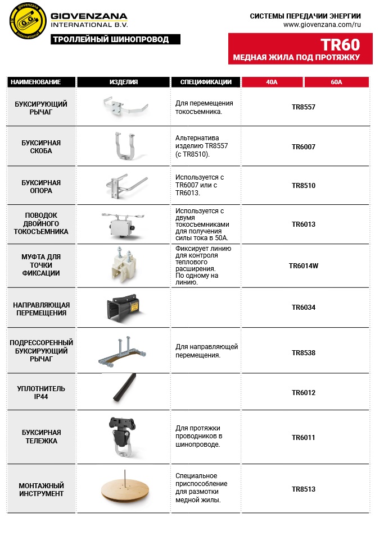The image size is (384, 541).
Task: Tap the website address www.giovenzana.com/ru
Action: pos(322,25)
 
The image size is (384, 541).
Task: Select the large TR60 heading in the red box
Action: pos(340,45)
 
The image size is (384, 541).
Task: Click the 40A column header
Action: pos(272,82)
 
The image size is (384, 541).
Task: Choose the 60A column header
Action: pos(336,82)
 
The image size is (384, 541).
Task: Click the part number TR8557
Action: pos(304,107)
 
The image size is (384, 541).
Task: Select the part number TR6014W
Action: pos(304,266)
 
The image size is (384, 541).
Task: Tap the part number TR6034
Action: pos(304,308)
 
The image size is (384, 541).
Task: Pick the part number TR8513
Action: pos(304,489)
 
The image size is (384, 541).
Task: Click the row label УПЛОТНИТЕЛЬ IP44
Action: pos(41,392)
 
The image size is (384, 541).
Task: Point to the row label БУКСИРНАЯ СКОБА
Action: pos(41,147)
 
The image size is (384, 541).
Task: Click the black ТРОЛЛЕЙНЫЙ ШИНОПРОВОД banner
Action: pos(116,39)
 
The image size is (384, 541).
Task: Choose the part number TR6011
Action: pos(304,437)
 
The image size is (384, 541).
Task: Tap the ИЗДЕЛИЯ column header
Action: pos(124,82)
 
